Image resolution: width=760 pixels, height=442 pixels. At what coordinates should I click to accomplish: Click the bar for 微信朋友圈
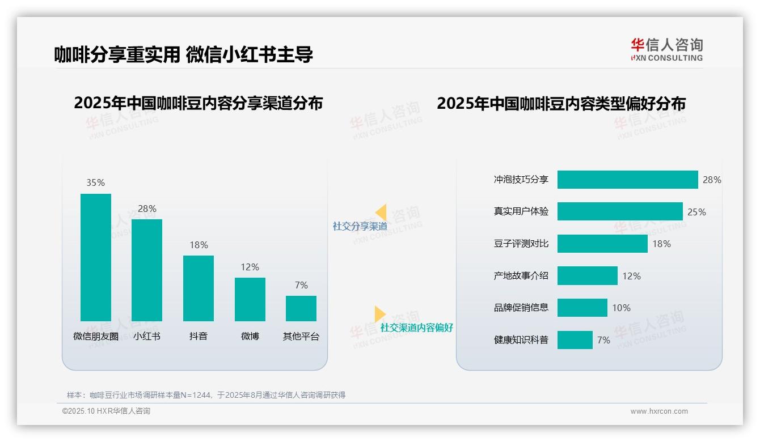coord(95,257)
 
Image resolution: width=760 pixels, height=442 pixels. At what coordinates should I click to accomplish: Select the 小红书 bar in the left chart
coord(147,270)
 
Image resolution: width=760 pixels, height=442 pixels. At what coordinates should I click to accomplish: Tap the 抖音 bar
coord(198,288)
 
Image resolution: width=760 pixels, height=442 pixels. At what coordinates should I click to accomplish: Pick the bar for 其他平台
coord(301,308)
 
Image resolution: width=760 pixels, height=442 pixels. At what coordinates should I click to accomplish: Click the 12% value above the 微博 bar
coord(250,267)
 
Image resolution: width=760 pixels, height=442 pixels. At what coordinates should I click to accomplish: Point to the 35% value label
coord(95,182)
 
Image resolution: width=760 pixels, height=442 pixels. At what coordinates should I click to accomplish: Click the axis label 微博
coord(250,336)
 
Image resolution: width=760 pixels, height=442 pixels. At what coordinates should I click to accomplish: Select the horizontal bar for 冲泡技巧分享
coord(627,180)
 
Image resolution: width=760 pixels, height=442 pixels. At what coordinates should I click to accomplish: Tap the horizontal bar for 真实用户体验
coord(620,211)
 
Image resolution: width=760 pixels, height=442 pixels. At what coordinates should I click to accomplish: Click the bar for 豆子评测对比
coord(602,244)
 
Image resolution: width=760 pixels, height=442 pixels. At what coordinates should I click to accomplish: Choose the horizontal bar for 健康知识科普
coord(575,340)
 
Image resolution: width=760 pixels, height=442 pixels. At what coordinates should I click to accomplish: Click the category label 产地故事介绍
coord(521,276)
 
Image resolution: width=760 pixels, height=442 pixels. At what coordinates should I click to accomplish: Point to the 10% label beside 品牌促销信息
coord(621,308)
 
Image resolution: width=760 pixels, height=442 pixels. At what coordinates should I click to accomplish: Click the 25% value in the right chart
coord(696,212)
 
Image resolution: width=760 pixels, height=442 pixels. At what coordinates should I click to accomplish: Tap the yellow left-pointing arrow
coord(381,212)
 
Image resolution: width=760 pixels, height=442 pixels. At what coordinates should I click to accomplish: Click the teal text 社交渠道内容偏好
coord(416,328)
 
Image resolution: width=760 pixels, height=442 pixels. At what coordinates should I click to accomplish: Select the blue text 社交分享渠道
coord(360,226)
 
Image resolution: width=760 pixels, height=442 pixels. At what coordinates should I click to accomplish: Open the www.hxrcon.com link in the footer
coord(658,411)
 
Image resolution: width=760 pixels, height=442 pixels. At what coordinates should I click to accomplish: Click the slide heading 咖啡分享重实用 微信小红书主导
coord(183,54)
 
